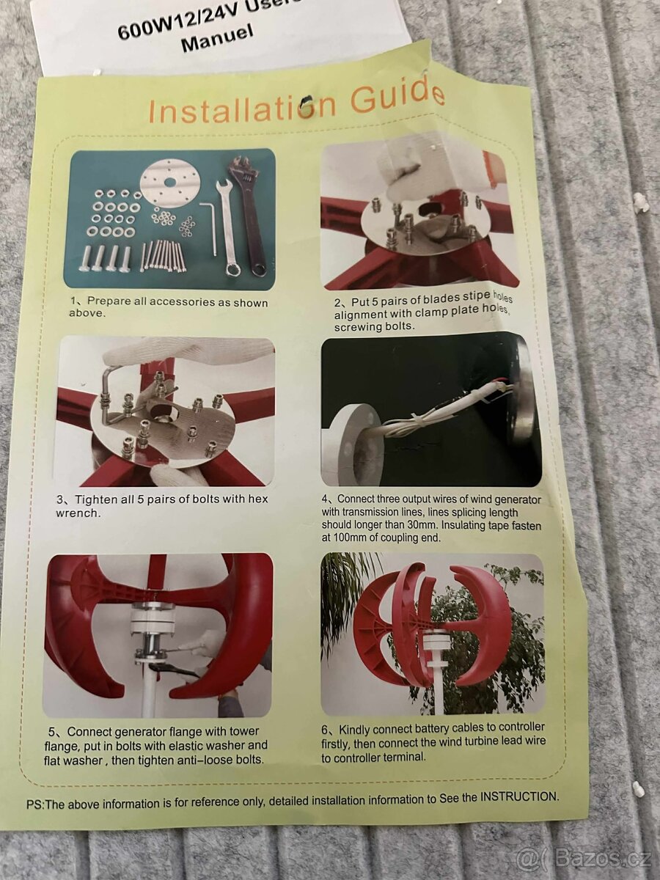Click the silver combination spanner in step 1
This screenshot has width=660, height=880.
pos(227,228)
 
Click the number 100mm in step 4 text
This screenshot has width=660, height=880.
pos(350,538)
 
